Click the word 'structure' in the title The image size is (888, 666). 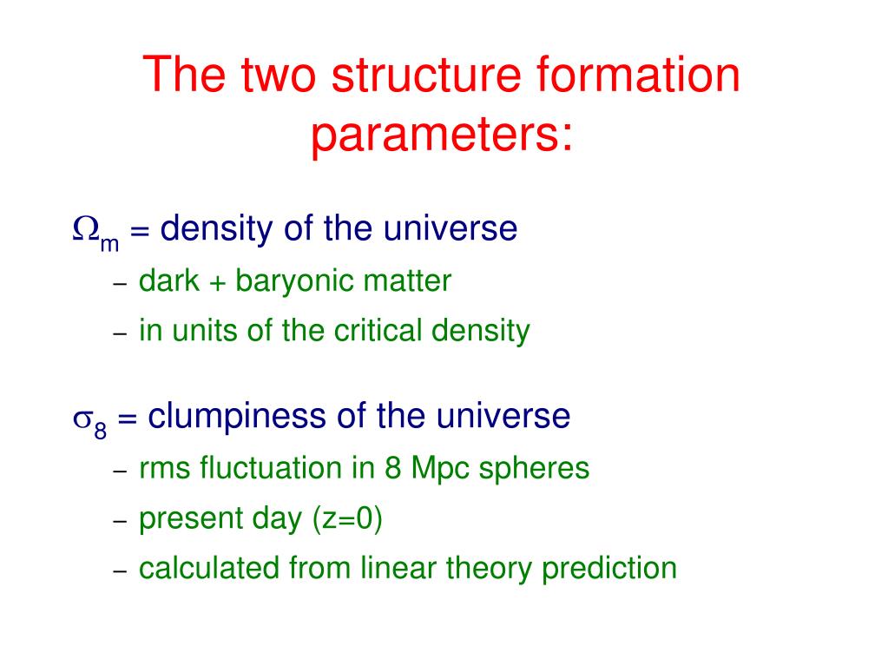tap(426, 75)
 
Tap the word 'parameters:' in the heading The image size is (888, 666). tap(443, 136)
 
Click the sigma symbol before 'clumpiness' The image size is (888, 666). tap(82, 419)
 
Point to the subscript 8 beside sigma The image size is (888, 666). tap(100, 430)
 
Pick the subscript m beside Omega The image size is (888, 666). tap(109, 243)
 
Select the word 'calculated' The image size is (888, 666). tap(209, 568)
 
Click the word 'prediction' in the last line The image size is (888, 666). tap(609, 569)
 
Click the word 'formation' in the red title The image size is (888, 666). tap(638, 75)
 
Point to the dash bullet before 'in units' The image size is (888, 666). tap(120, 334)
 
